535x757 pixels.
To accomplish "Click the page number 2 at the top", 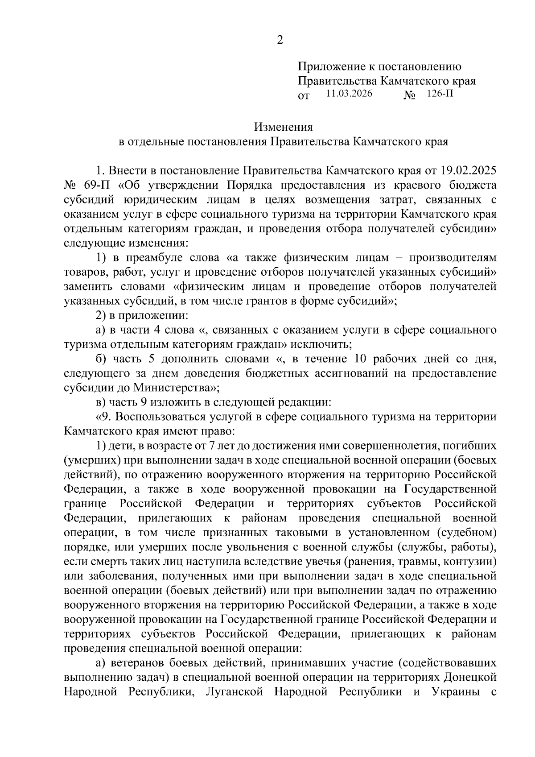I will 280,40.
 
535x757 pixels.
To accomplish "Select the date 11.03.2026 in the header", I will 349,94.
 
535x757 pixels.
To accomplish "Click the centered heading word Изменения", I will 283,127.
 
